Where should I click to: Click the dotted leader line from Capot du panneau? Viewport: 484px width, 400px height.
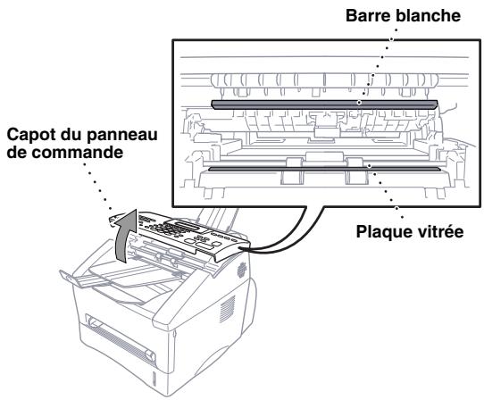coord(98,187)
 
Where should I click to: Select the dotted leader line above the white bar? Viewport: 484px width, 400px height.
coord(368,62)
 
